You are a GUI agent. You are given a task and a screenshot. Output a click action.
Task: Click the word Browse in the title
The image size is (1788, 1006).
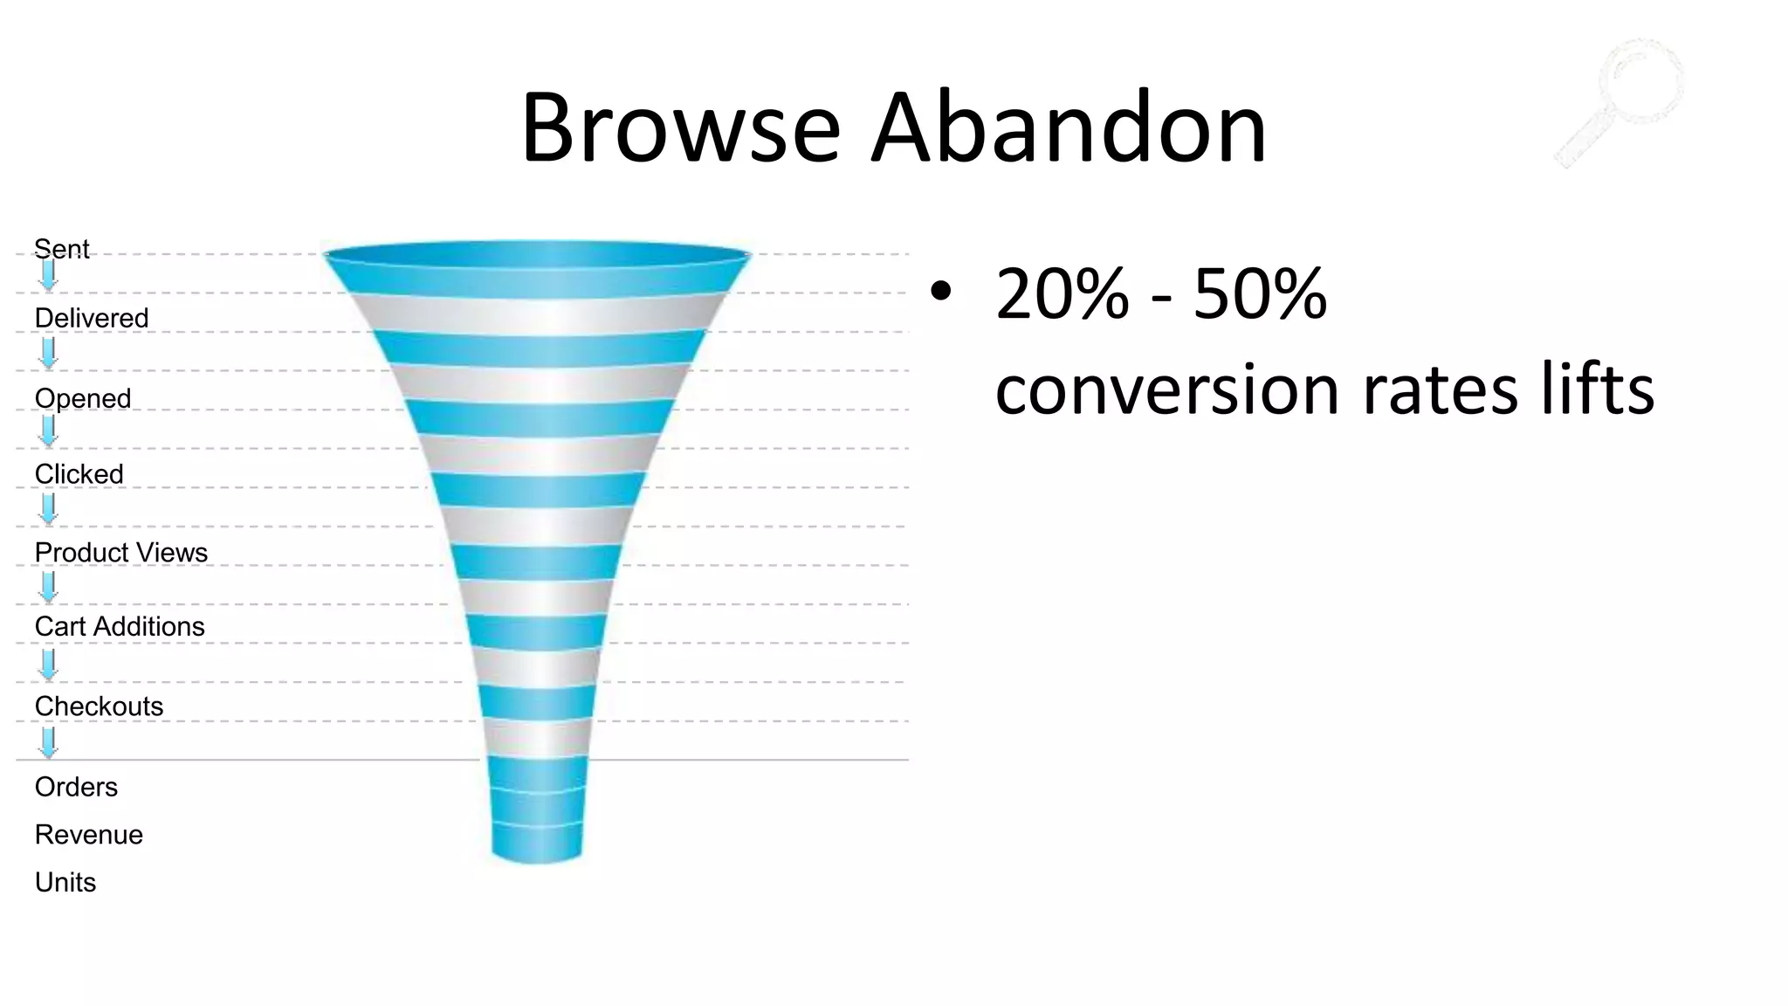click(x=680, y=128)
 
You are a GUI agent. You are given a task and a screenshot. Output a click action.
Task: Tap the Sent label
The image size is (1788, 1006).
click(x=62, y=249)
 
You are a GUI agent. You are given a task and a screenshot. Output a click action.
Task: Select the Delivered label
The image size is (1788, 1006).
click(x=92, y=318)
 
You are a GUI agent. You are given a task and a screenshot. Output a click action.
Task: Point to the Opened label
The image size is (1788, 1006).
click(x=83, y=398)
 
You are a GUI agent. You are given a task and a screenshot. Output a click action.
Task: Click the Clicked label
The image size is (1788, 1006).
click(x=79, y=474)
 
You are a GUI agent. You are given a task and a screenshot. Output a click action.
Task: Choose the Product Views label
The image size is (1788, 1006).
click(x=121, y=553)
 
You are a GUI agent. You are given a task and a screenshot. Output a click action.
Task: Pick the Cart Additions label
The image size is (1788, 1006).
click(x=120, y=627)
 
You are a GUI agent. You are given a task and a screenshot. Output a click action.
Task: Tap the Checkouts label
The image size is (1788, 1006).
click(x=99, y=706)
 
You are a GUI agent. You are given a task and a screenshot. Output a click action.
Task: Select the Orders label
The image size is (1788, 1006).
click(x=76, y=787)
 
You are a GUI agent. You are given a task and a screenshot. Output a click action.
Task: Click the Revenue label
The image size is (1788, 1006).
click(x=89, y=835)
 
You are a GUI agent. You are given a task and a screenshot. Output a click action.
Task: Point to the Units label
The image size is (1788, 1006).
click(x=65, y=882)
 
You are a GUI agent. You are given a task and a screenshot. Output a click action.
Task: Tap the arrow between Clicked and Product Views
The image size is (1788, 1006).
click(x=49, y=509)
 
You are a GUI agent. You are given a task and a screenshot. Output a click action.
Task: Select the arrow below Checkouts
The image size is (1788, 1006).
click(x=49, y=743)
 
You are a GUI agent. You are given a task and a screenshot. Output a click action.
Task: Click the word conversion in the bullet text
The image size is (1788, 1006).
click(x=1166, y=389)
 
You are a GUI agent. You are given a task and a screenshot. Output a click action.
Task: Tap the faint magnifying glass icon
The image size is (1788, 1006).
click(x=1621, y=101)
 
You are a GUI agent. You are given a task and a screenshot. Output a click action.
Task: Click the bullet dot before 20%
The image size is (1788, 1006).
click(x=940, y=293)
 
